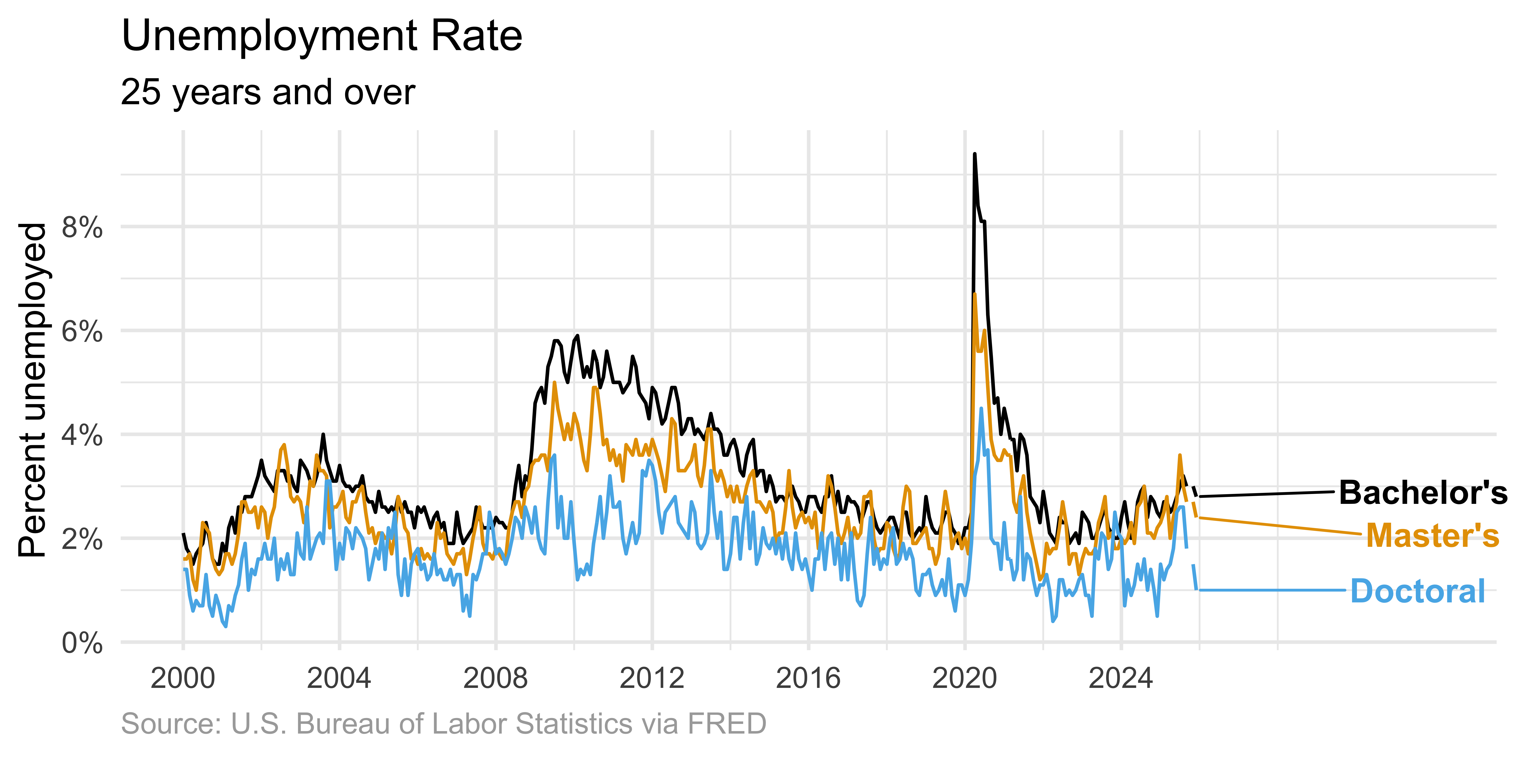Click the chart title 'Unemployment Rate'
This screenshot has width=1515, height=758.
pos(322,36)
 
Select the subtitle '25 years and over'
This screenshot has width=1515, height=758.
pos(268,93)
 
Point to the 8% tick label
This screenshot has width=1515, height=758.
pos(82,227)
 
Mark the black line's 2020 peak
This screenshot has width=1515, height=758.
pos(974,154)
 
